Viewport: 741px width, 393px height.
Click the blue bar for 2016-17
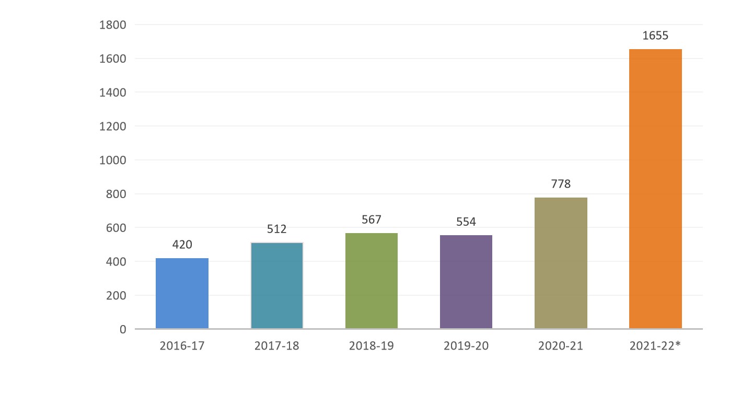(182, 293)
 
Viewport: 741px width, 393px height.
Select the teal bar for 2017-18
(276, 285)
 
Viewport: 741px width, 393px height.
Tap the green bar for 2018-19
(371, 281)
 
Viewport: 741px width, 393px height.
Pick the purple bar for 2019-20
(466, 282)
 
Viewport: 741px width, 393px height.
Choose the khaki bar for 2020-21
(560, 263)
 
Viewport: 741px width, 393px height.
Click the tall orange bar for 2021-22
(655, 189)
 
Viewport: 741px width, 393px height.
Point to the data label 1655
(655, 36)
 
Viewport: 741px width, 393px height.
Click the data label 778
(561, 184)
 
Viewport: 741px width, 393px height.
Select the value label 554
(466, 222)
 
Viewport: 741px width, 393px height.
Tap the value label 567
(371, 219)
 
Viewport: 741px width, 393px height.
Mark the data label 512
(276, 229)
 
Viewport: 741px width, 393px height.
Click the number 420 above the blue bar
(182, 245)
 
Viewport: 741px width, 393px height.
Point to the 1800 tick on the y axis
(113, 25)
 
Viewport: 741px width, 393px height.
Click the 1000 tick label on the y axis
(113, 160)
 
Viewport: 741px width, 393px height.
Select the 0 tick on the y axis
(123, 329)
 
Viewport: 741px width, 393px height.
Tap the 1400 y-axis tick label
(113, 93)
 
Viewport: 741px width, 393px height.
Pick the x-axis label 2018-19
(371, 346)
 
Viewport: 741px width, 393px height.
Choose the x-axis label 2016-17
(182, 346)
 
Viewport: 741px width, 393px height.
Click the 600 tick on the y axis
(115, 228)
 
